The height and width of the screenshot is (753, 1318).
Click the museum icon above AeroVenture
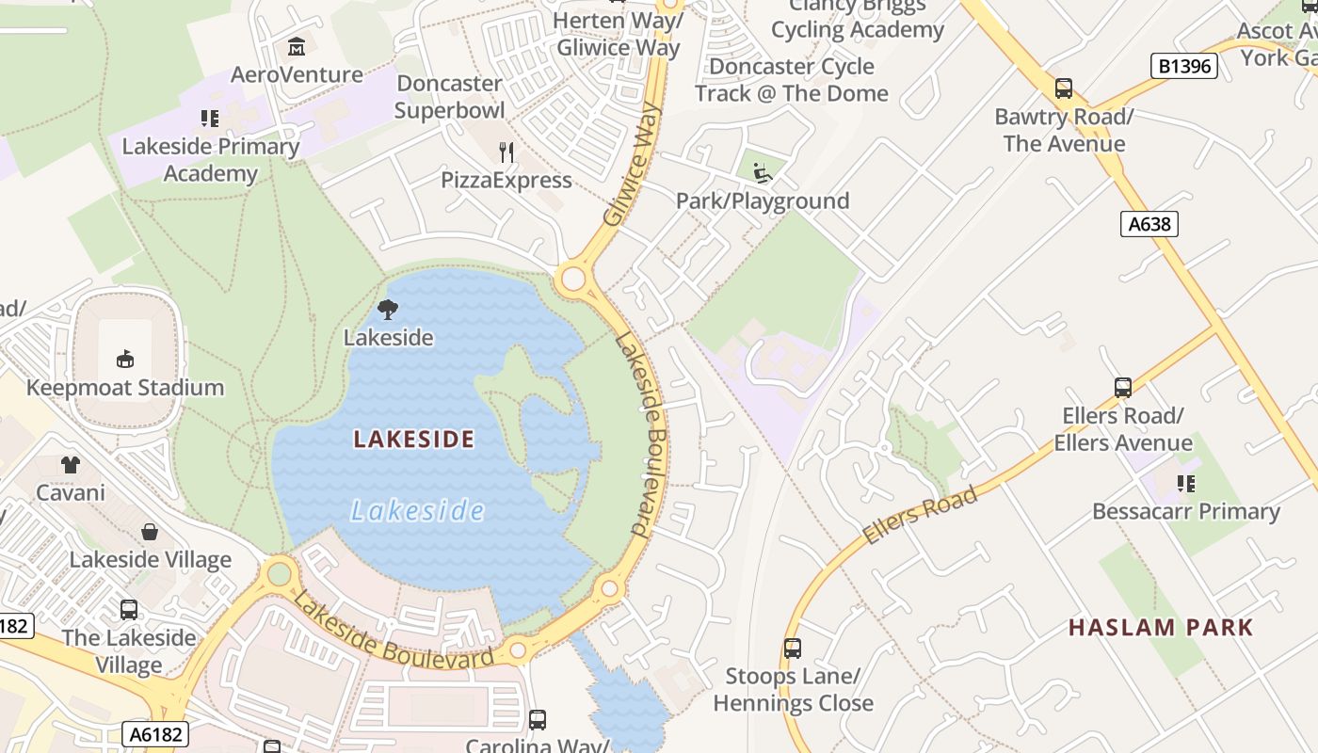[297, 46]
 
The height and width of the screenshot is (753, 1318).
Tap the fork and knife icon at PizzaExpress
[507, 152]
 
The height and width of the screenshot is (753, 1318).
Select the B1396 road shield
[1184, 66]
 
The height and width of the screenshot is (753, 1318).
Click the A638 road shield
[1149, 224]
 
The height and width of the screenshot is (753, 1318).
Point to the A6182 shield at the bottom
[155, 734]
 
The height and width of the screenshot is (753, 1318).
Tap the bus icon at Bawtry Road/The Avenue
[1064, 88]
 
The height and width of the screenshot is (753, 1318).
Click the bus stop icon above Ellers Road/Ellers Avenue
[1122, 387]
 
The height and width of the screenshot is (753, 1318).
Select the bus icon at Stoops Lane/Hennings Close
[793, 648]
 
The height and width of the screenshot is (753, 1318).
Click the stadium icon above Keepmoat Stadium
[125, 359]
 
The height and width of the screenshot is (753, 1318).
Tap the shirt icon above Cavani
[71, 464]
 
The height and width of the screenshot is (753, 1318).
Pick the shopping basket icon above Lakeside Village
[150, 532]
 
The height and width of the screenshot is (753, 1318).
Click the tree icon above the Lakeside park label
[387, 309]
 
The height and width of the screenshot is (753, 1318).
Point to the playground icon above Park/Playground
[763, 172]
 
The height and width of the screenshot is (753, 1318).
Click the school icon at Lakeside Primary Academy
[210, 119]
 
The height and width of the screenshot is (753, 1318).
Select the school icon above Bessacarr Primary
[1185, 484]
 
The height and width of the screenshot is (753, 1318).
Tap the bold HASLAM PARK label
[1161, 628]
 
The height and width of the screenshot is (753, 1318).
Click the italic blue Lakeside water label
[417, 511]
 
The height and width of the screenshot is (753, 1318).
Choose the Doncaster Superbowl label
[450, 96]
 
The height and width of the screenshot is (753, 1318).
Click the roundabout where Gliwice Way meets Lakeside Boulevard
[572, 280]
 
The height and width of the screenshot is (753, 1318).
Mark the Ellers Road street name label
[920, 516]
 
